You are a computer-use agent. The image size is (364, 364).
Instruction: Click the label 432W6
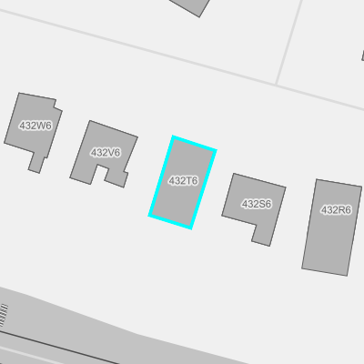click(35, 126)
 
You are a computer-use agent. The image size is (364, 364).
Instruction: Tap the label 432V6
click(106, 153)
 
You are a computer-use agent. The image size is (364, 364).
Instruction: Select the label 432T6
click(183, 181)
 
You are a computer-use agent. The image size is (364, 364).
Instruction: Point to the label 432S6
click(257, 204)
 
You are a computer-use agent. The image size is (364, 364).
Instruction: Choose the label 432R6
click(336, 210)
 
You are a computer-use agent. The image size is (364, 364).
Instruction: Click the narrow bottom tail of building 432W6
click(36, 163)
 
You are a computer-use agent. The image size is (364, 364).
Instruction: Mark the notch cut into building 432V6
click(100, 174)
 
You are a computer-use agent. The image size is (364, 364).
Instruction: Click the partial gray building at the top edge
click(190, 6)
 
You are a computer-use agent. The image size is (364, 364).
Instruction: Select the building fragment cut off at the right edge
click(362, 56)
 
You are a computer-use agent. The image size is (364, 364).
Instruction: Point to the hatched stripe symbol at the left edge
click(4, 315)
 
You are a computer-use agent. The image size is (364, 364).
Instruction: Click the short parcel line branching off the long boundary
click(288, 42)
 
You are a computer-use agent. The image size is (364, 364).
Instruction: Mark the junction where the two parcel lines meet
click(276, 84)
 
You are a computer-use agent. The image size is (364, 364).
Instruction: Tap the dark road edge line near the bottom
click(59, 348)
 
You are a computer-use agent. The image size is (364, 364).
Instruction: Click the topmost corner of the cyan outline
click(173, 136)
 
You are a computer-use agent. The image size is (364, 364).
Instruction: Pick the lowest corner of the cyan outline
click(191, 227)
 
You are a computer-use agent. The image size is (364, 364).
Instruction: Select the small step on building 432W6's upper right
click(58, 105)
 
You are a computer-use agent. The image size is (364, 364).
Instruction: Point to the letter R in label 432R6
click(341, 210)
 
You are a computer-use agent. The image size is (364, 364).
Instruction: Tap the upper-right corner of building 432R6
click(361, 187)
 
